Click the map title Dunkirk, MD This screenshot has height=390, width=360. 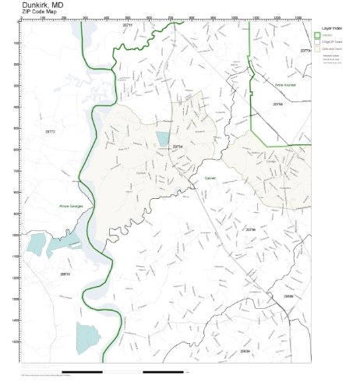pyautogui.click(x=44, y=5)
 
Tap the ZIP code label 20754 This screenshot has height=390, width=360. pyautogui.click(x=178, y=146)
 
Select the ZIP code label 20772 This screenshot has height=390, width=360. pyautogui.click(x=51, y=132)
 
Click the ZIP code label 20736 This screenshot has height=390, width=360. pyautogui.click(x=250, y=230)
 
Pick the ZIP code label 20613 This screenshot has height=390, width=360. pyautogui.click(x=65, y=274)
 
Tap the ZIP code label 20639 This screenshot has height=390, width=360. pyautogui.click(x=245, y=352)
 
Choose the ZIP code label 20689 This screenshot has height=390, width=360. pyautogui.click(x=288, y=296)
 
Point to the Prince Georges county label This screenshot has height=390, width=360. pyautogui.click(x=70, y=206)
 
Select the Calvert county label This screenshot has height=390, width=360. pyautogui.click(x=210, y=178)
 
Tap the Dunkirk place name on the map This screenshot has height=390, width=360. pyautogui.click(x=141, y=172)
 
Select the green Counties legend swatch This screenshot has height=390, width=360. pyautogui.click(x=317, y=34)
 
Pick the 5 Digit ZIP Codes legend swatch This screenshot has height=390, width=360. pyautogui.click(x=317, y=41)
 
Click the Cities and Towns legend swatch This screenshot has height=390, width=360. pyautogui.click(x=317, y=48)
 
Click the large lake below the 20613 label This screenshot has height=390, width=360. pyautogui.click(x=88, y=336)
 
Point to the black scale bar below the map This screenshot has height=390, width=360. pyautogui.click(x=82, y=371)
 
